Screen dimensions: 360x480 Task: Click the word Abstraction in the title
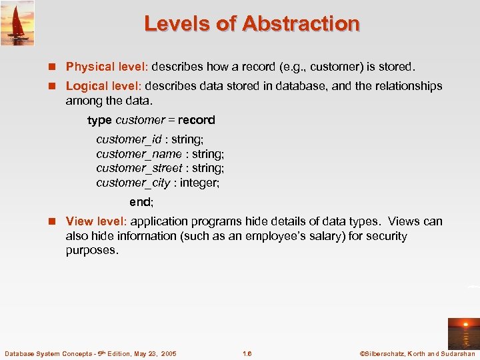pyautogui.click(x=301, y=24)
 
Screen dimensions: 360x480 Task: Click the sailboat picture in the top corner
pyautogui.click(x=17, y=23)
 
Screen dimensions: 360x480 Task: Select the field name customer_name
pyautogui.click(x=139, y=154)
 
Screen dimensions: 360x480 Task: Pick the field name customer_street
pyautogui.click(x=139, y=168)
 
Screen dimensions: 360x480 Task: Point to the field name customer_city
pyautogui.click(x=133, y=183)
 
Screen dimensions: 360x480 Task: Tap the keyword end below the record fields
pyautogui.click(x=140, y=201)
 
